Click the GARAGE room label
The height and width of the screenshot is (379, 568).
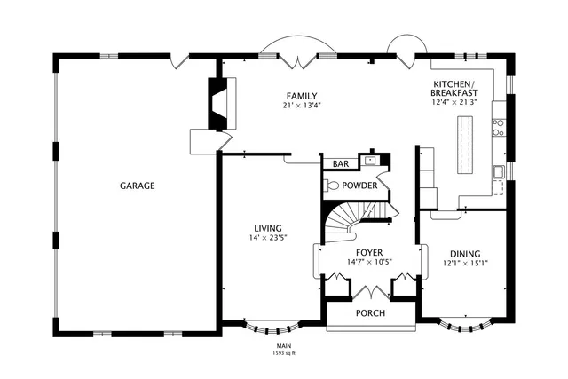tap(138, 186)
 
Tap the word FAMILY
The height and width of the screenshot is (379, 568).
tap(302, 96)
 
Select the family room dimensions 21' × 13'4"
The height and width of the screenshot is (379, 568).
tap(302, 107)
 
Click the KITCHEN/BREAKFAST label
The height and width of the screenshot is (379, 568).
tap(455, 88)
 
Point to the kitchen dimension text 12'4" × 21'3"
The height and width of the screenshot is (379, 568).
tap(455, 102)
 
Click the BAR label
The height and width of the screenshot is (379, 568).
tap(341, 164)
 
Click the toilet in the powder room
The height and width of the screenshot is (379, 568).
tap(330, 186)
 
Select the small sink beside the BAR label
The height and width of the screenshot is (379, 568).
tap(370, 161)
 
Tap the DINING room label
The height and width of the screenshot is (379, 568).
tap(466, 252)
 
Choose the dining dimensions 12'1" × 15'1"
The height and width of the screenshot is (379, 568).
tap(466, 263)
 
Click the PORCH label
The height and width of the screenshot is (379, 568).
tap(370, 313)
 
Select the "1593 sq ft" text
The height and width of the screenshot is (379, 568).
tap(284, 353)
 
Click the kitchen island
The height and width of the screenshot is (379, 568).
tap(464, 146)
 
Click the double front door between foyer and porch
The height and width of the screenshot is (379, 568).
tap(371, 292)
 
